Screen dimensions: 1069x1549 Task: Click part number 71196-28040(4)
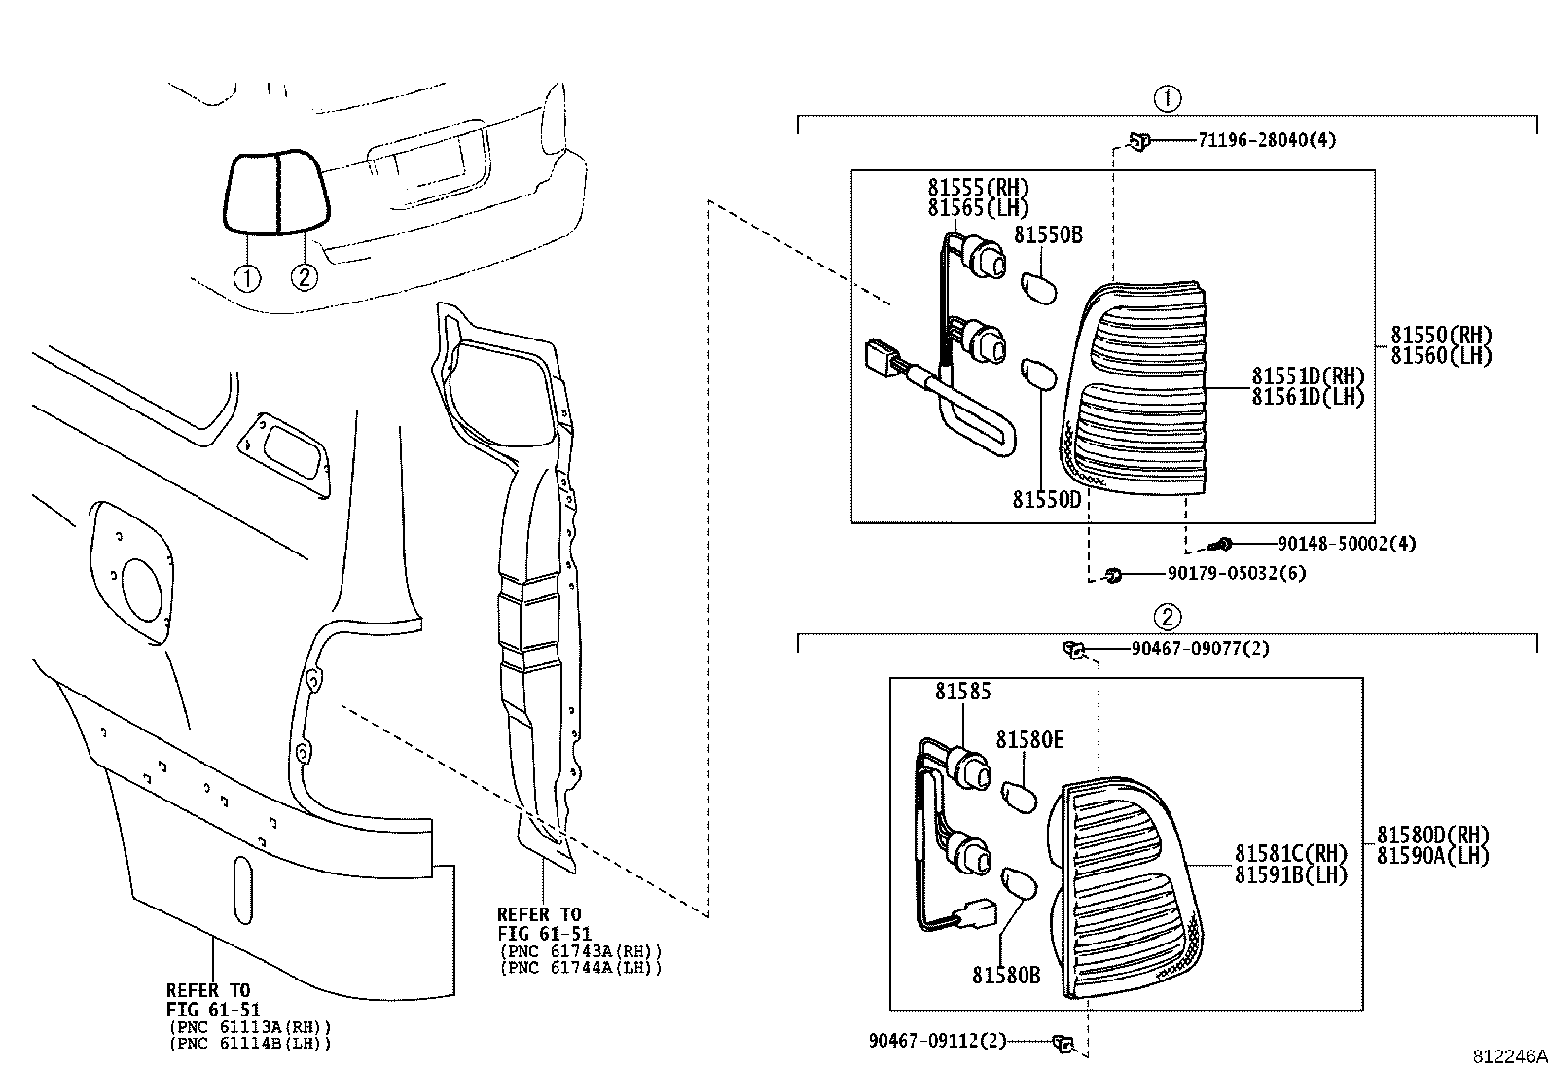pyautogui.click(x=1266, y=140)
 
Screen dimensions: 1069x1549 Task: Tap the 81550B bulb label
pyautogui.click(x=1048, y=235)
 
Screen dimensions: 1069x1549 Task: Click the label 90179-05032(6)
pyautogui.click(x=1236, y=574)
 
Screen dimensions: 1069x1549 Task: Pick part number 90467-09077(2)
pyautogui.click(x=1199, y=649)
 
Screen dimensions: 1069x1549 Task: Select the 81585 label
pyautogui.click(x=963, y=692)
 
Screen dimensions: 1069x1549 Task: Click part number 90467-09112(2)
pyautogui.click(x=938, y=1040)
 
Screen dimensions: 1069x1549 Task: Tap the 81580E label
pyautogui.click(x=1029, y=740)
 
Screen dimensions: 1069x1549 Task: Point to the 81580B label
pyautogui.click(x=1005, y=974)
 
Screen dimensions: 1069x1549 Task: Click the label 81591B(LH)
pyautogui.click(x=1291, y=874)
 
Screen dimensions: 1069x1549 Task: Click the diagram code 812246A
pyautogui.click(x=1508, y=1056)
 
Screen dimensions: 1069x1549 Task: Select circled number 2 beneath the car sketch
pyautogui.click(x=305, y=278)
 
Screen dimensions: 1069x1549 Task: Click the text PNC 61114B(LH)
pyautogui.click(x=250, y=1044)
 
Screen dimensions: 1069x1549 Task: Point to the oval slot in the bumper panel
pyautogui.click(x=242, y=890)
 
